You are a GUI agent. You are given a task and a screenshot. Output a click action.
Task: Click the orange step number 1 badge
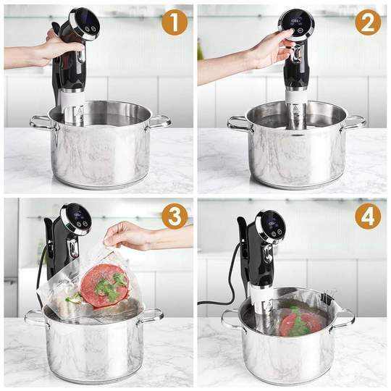174,22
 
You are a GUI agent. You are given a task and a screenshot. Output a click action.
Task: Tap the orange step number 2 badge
368,22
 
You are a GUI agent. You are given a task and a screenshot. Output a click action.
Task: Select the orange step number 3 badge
174,216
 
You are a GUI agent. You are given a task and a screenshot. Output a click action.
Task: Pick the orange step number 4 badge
368,216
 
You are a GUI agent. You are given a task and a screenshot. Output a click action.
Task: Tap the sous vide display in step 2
298,22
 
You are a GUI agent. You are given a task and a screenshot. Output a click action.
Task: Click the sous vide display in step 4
271,226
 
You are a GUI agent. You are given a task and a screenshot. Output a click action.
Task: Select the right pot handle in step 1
159,121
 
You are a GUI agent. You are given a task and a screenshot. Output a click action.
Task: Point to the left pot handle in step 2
237,123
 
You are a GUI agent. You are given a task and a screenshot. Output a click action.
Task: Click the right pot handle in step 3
151,315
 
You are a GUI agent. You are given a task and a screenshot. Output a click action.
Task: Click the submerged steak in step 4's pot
299,321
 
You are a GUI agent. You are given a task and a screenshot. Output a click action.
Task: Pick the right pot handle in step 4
343,316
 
